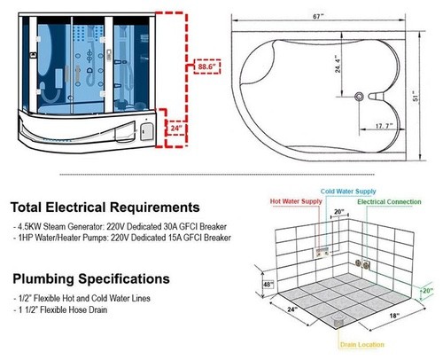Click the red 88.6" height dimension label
tap(207, 67)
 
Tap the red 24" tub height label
tap(176, 129)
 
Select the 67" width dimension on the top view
tap(318, 17)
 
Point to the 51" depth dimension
tap(416, 97)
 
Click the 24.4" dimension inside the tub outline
tap(338, 64)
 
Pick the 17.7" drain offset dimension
tap(384, 126)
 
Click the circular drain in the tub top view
tap(359, 97)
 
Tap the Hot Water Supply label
tap(296, 201)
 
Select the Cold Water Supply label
tap(348, 192)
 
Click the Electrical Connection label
tap(389, 202)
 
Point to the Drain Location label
tap(362, 345)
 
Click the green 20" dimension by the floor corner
tap(428, 291)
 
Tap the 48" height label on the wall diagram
tap(268, 285)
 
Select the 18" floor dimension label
tap(394, 316)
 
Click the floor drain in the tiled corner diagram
tap(338, 320)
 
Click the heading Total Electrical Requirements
tap(105, 207)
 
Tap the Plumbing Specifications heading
tap(91, 278)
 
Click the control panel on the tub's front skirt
tap(146, 131)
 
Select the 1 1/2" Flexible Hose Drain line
tap(60, 309)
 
